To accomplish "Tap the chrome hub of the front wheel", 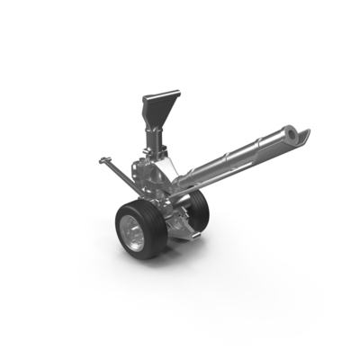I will click(134, 237).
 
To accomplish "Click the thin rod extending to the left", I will click(119, 170).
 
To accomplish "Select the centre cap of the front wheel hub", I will click(133, 238).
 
